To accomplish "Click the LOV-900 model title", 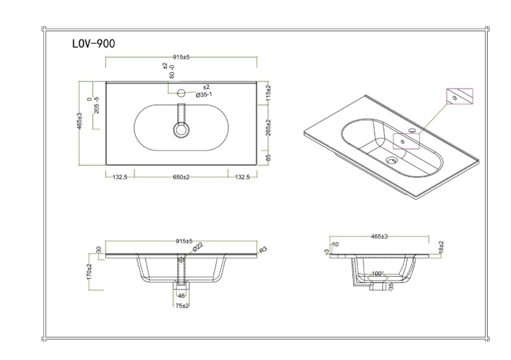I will click(94, 44).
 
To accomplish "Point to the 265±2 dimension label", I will click(268, 129).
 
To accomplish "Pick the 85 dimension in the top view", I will click(268, 157).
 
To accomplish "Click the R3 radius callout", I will click(263, 249).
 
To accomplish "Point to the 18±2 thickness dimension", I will click(440, 248).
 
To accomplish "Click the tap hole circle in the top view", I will click(182, 91).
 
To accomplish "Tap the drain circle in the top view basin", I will click(181, 130).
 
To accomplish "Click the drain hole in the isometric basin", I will click(391, 160).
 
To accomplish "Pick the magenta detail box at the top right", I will click(460, 96).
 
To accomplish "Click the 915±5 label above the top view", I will click(181, 57).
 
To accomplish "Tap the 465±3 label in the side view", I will click(380, 238).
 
